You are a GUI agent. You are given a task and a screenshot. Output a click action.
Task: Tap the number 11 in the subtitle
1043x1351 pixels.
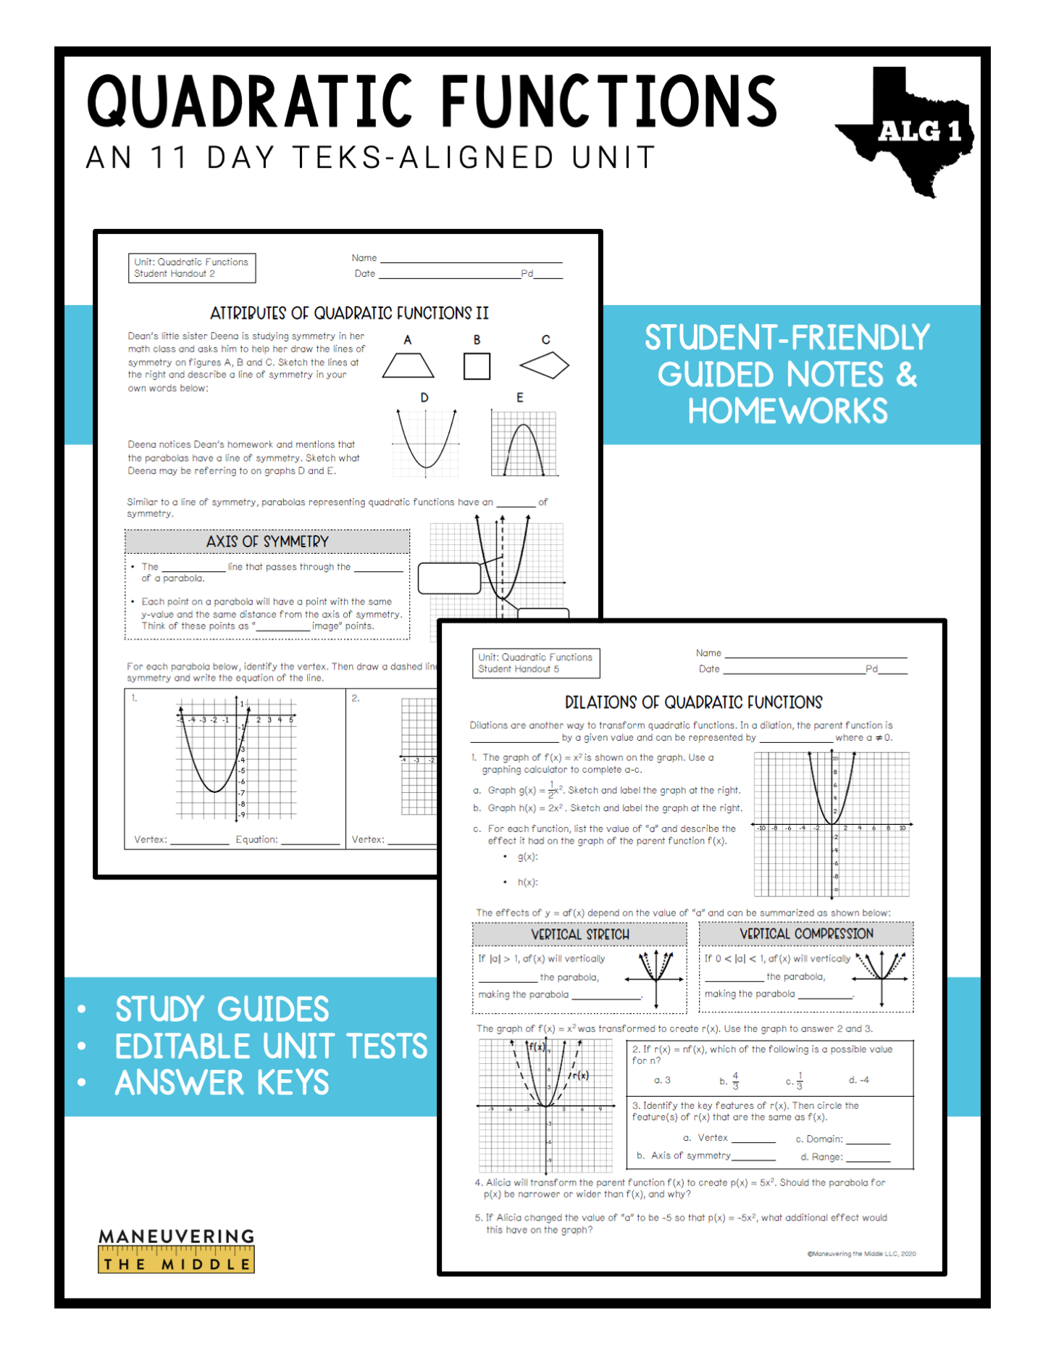point(169,157)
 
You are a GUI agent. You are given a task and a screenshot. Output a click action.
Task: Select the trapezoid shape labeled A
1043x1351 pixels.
point(408,365)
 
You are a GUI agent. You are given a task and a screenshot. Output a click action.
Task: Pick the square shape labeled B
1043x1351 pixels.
point(477,366)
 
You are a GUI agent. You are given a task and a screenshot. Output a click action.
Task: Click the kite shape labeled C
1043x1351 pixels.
point(545,365)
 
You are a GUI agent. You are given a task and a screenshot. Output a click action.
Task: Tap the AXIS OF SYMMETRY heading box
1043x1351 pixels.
point(267,541)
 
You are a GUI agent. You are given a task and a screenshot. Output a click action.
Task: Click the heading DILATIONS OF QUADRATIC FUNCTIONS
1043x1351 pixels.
point(693,702)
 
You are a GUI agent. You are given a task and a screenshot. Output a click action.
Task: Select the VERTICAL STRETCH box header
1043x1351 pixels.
point(579,934)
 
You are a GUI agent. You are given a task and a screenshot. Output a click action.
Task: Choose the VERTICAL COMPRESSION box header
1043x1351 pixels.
point(806,934)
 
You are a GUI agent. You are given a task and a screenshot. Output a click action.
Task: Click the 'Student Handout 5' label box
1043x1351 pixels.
point(535,662)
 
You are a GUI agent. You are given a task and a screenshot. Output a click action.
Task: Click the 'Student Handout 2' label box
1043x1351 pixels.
point(191,267)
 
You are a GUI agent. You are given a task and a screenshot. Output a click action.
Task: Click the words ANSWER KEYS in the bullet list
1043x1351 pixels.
point(222,1083)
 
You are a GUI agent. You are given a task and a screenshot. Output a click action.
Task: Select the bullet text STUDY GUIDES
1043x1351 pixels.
point(222,1009)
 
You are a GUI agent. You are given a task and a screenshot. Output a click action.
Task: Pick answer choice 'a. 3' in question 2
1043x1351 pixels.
point(662,1080)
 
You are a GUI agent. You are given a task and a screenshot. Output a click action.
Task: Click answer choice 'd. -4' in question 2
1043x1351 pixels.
point(858,1080)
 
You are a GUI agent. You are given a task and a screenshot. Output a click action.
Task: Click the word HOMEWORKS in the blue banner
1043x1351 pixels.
point(787,411)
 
